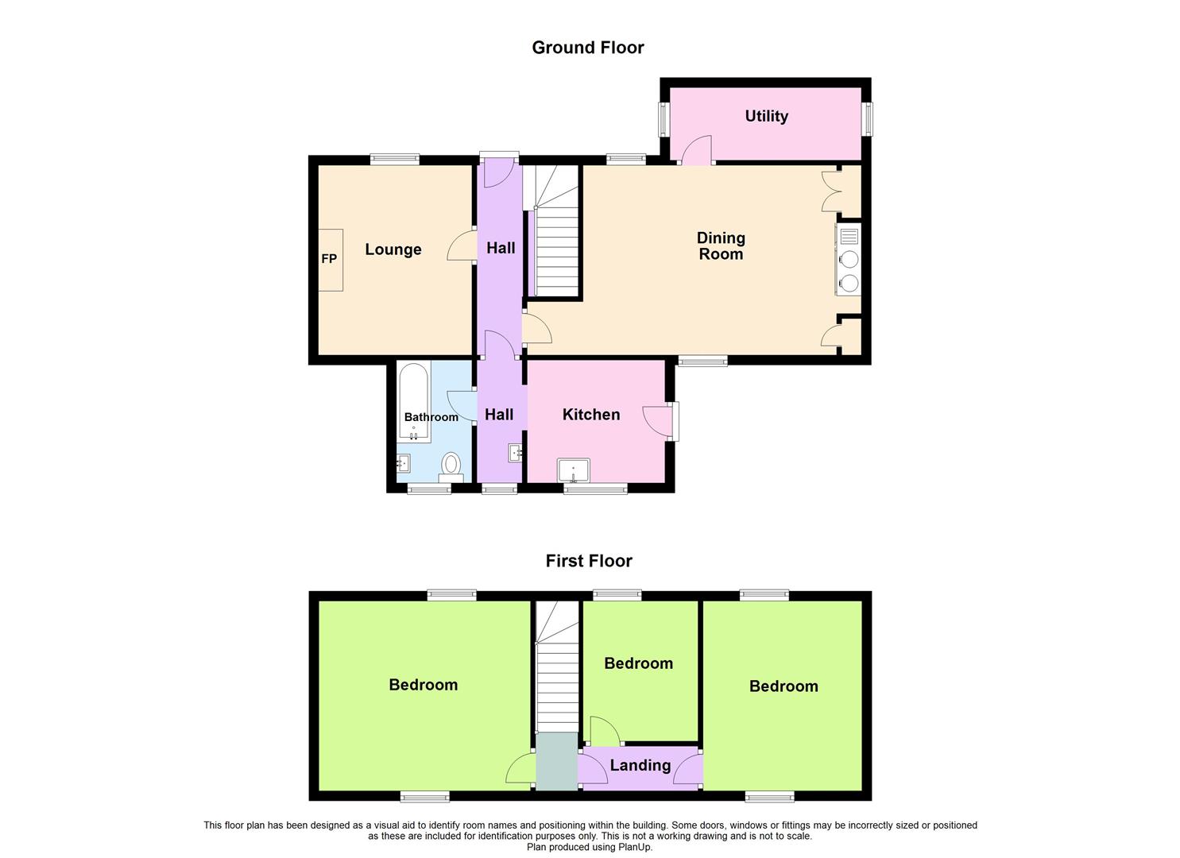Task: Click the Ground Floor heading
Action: [587, 48]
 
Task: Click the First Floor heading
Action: [588, 561]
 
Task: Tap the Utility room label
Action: [766, 116]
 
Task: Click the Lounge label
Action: [393, 249]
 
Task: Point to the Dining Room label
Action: [721, 246]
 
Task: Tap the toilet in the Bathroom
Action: [451, 466]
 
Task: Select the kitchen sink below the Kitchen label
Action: [573, 470]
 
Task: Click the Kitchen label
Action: [590, 415]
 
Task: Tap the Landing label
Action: [640, 765]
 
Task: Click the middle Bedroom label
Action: [638, 663]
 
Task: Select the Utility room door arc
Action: [694, 149]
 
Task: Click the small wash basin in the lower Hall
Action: [515, 453]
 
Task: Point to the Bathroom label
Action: [431, 417]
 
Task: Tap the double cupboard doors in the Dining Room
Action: [831, 191]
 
